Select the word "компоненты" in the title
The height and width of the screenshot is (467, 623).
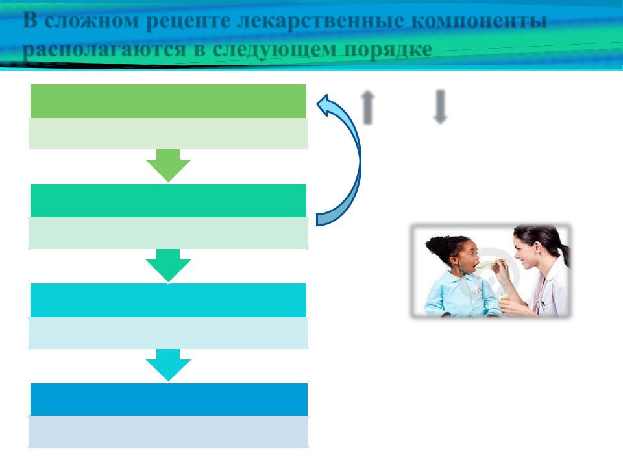pyautogui.click(x=479, y=21)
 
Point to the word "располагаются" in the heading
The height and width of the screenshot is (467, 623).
pyautogui.click(x=104, y=50)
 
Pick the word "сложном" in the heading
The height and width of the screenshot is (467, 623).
pyautogui.click(x=92, y=20)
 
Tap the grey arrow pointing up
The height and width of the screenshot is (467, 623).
pyautogui.click(x=368, y=107)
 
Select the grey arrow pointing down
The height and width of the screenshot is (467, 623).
pyautogui.click(x=440, y=107)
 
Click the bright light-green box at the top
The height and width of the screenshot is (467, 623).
pyautogui.click(x=168, y=101)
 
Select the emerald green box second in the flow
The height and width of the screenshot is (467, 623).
pyautogui.click(x=168, y=201)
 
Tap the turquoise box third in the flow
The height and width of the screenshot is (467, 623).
pyautogui.click(x=168, y=300)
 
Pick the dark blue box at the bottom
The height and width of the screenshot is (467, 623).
pyautogui.click(x=169, y=400)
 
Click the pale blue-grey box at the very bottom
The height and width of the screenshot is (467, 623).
pyautogui.click(x=168, y=432)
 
